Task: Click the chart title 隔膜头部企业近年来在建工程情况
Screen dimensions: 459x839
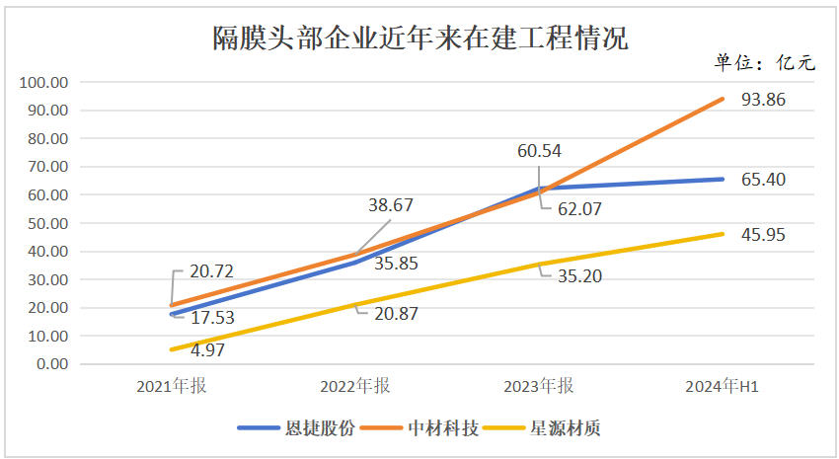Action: pos(420,38)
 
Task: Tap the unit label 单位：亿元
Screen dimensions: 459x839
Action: pos(766,63)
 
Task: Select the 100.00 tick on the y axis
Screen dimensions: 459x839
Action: pos(44,82)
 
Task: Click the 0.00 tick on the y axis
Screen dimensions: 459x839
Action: pos(50,364)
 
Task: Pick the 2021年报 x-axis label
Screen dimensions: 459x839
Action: pos(172,386)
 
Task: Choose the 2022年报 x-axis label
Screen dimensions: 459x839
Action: pos(355,386)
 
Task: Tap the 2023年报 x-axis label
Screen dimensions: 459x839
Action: pos(539,386)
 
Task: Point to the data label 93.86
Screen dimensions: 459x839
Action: pos(763,99)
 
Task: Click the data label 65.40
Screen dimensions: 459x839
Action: pos(763,180)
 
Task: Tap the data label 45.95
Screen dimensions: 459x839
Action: pos(763,235)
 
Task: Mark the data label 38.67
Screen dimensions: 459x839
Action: pos(390,206)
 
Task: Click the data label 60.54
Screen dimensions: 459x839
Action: pos(540,151)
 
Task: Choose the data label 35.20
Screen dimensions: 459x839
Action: pos(578,276)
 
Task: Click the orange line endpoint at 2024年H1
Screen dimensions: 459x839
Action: pos(723,99)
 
